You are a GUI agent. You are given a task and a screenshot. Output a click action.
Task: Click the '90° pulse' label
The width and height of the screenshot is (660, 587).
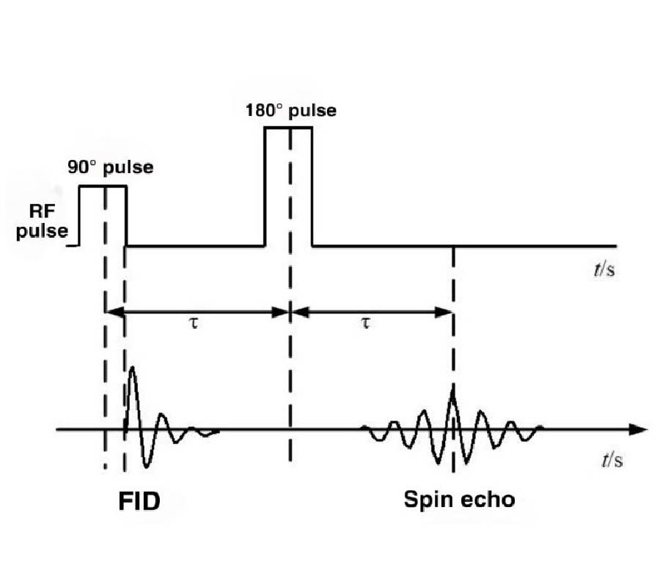click(111, 167)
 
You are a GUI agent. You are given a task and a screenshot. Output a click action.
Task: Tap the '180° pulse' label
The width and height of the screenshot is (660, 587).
click(290, 112)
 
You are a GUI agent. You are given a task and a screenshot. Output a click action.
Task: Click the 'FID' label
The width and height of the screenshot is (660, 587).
click(139, 501)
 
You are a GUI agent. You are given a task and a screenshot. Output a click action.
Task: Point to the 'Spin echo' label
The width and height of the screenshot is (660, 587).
click(459, 500)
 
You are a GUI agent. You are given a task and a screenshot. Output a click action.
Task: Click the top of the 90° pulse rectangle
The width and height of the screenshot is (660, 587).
click(103, 186)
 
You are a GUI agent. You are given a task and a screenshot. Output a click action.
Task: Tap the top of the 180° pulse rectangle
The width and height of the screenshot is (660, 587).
click(288, 128)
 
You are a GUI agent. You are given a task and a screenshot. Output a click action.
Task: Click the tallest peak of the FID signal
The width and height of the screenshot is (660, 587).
click(132, 368)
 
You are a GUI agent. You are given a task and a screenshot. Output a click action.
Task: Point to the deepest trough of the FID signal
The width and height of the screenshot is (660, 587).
click(147, 465)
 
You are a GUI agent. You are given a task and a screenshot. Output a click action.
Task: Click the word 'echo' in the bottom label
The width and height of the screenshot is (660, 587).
click(490, 500)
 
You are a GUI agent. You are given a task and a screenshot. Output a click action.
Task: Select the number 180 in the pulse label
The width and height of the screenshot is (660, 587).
click(261, 112)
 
